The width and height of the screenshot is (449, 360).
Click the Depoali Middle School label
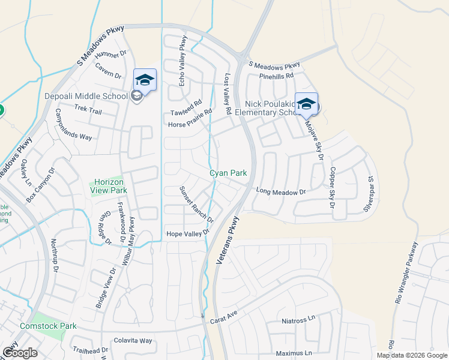click(x=88, y=96)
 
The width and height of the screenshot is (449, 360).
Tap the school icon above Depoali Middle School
click(x=145, y=79)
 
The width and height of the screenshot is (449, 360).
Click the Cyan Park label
click(x=228, y=173)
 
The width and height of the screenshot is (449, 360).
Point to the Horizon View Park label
click(x=107, y=186)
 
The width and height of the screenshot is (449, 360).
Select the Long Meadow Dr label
click(x=281, y=191)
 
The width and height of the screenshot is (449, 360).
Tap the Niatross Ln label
click(x=298, y=321)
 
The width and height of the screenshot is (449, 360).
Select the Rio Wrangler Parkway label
click(x=406, y=274)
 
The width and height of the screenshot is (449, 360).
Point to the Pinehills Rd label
click(x=276, y=76)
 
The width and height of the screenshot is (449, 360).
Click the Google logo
click(x=20, y=353)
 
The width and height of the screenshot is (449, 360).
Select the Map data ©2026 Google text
click(x=411, y=355)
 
